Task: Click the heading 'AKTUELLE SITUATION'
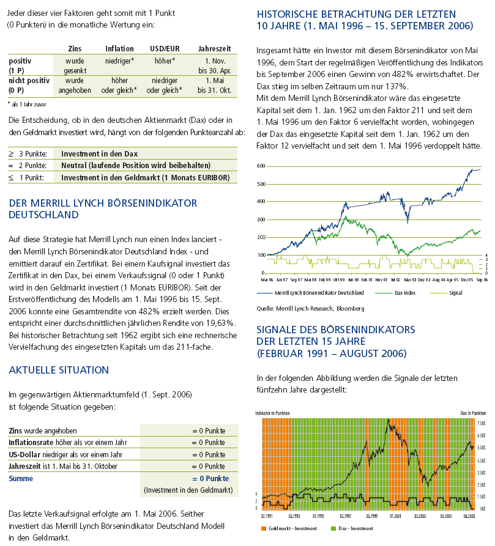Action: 59,370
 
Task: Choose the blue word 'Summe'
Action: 21,478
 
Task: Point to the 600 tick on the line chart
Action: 261,166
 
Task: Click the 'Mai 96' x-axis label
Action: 267,279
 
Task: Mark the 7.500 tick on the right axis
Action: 480,422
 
